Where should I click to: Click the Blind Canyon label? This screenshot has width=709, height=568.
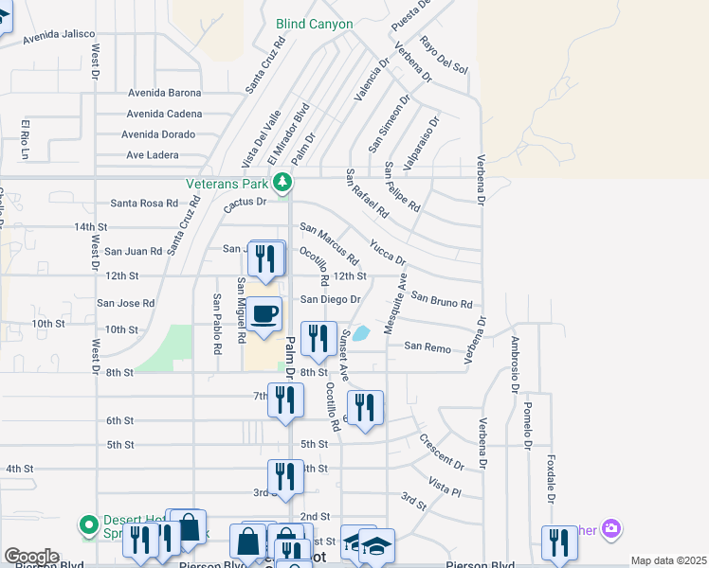(x=315, y=24)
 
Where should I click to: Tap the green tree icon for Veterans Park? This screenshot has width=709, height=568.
(x=282, y=181)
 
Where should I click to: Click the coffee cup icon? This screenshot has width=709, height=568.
(x=266, y=313)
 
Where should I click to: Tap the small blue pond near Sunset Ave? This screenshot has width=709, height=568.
(x=361, y=333)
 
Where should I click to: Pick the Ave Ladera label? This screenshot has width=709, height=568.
(x=153, y=155)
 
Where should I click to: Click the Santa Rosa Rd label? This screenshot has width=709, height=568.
(x=144, y=203)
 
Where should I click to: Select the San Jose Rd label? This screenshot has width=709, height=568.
(x=125, y=303)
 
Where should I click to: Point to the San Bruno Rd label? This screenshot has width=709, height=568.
(x=441, y=300)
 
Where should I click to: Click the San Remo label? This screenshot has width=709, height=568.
(x=427, y=347)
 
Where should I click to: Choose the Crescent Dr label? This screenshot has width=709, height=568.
(x=441, y=452)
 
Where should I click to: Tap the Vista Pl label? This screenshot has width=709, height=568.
(x=444, y=487)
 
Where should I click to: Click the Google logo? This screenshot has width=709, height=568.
(x=31, y=557)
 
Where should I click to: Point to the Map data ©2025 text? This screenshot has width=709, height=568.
(x=668, y=561)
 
